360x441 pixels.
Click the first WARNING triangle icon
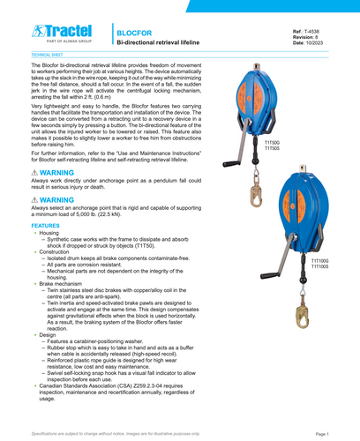click(35, 173)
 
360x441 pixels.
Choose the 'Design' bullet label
click(48, 335)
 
